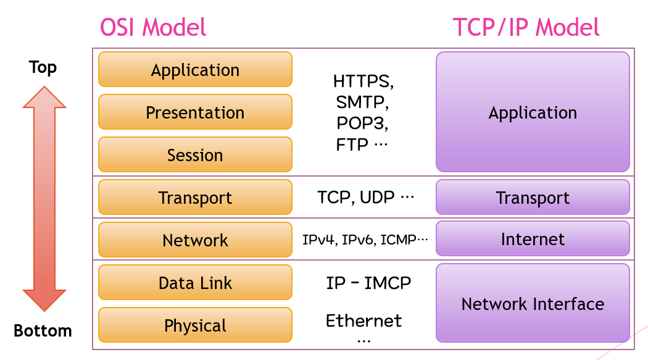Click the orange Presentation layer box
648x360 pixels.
(195, 112)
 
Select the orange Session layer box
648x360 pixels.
(195, 154)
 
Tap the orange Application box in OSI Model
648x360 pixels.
(195, 69)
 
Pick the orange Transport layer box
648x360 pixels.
(195, 197)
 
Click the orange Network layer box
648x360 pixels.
(195, 240)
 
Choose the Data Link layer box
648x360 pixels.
(195, 282)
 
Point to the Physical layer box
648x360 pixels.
(195, 325)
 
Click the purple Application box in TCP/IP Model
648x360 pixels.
(533, 112)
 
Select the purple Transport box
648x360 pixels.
(533, 197)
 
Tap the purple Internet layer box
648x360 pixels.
(533, 238)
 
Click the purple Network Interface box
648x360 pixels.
(533, 303)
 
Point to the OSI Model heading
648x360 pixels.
(153, 28)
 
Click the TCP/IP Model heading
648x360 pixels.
(526, 28)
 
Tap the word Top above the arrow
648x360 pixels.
(43, 67)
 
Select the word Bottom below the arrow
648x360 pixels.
(43, 330)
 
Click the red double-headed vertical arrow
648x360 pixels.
(44, 198)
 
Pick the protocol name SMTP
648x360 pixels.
(362, 102)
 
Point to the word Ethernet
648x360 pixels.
(363, 320)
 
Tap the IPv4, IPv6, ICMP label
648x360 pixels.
(365, 240)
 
